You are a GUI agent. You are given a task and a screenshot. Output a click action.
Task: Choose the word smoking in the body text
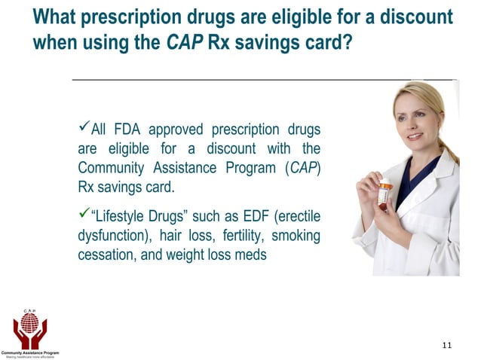click(296, 236)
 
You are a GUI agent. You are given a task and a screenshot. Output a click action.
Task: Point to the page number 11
click(447, 345)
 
